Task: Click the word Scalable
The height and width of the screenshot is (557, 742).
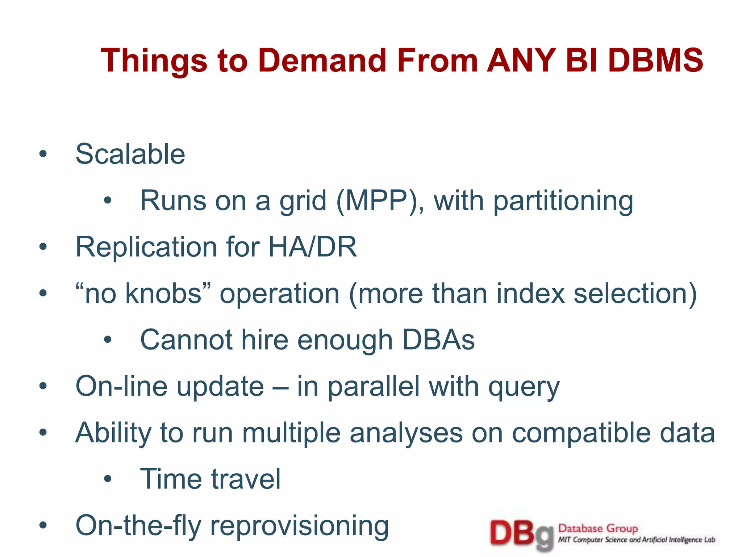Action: (130, 154)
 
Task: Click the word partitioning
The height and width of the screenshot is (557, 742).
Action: (563, 201)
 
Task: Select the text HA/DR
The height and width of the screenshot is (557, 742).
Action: (312, 247)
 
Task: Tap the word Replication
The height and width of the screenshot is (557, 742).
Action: (146, 247)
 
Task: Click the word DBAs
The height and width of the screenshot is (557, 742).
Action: (438, 340)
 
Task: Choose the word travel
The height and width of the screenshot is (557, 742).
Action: (246, 479)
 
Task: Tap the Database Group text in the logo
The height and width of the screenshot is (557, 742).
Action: (598, 529)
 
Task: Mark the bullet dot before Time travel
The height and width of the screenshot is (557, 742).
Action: (108, 479)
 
